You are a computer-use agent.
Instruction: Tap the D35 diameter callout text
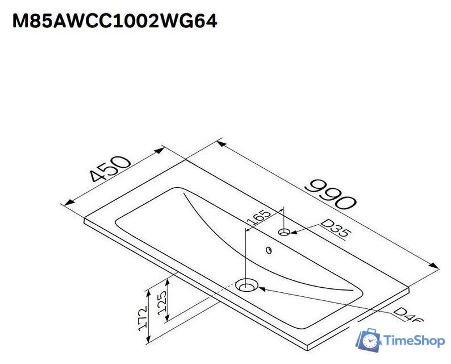333,229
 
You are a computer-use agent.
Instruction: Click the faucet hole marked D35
285,231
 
